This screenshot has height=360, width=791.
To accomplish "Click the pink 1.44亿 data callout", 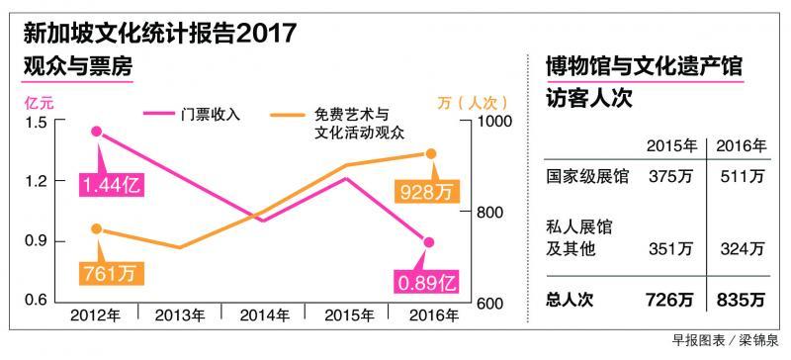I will (x=112, y=184).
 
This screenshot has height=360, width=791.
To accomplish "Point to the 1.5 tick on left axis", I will (x=36, y=122).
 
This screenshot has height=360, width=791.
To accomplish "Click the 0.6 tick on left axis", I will (x=36, y=301).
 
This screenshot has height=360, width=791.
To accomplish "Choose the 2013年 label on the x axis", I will (x=180, y=316).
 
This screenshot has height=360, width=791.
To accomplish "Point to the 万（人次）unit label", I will (x=472, y=101).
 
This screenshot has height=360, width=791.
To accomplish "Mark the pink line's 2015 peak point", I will (x=347, y=179).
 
